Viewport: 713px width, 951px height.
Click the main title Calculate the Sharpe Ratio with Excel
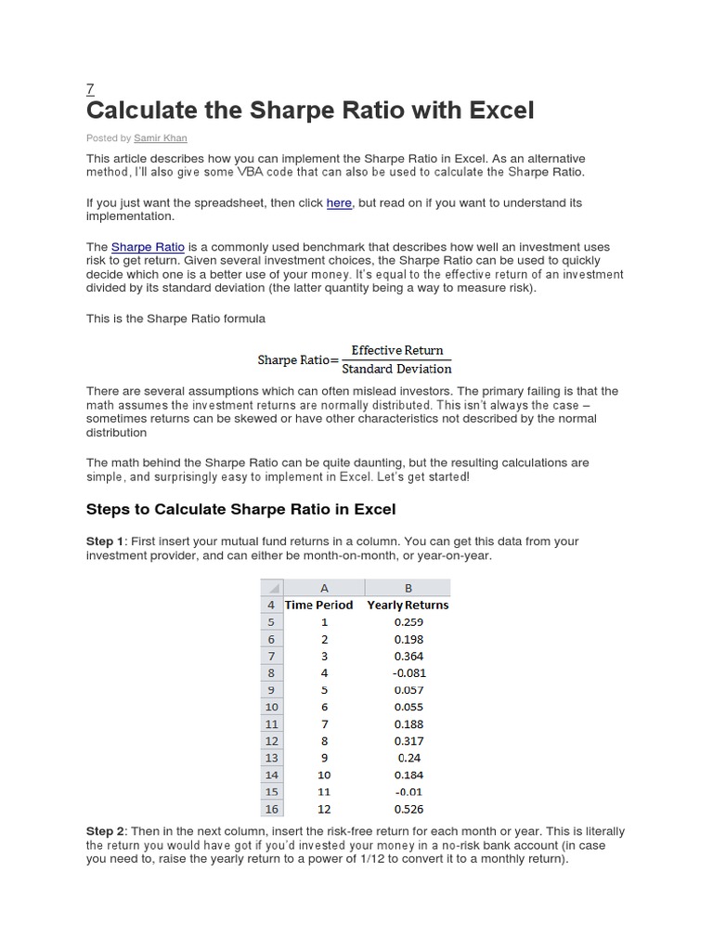(310, 111)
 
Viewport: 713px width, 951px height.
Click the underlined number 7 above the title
(90, 89)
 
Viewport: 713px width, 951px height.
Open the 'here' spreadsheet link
(339, 202)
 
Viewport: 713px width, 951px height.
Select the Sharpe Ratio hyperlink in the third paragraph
(148, 247)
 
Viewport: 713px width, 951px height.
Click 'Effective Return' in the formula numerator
(396, 350)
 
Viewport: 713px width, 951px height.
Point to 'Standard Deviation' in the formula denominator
(396, 369)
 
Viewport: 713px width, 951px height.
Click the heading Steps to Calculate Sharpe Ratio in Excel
(240, 509)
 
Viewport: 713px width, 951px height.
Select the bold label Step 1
(104, 541)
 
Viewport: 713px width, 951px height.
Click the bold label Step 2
(104, 831)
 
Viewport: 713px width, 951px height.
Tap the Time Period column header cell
(318, 605)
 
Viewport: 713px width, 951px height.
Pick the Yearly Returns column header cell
(408, 605)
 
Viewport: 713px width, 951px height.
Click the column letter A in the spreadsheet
(324, 588)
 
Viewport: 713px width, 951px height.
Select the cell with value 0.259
(408, 622)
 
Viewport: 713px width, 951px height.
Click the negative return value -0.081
(408, 672)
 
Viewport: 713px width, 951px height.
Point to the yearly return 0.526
(408, 808)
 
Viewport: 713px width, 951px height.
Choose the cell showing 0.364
(408, 656)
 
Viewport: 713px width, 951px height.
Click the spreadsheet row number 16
(271, 808)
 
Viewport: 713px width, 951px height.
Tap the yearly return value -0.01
(408, 791)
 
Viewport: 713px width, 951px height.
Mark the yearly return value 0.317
(408, 740)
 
